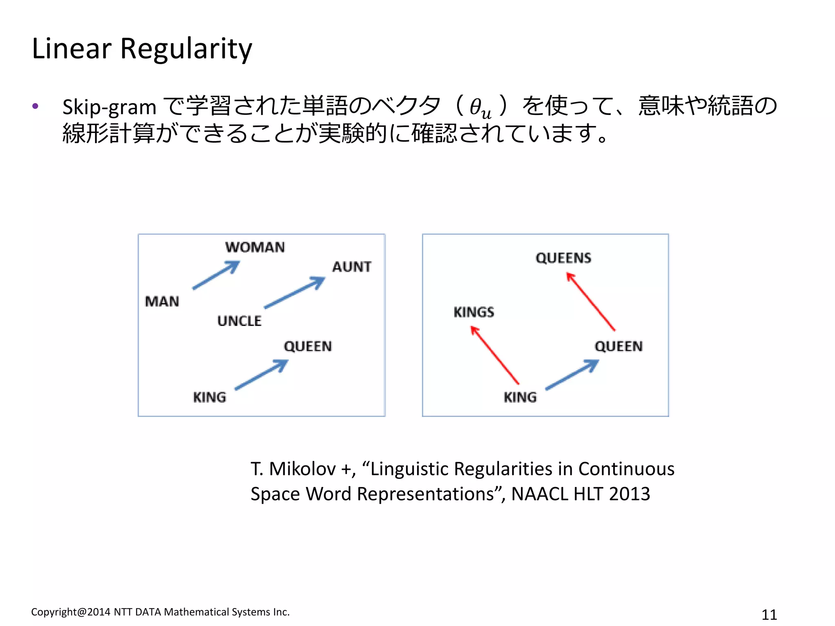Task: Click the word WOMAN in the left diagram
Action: (255, 247)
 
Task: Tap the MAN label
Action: (162, 302)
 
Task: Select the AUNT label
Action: (352, 267)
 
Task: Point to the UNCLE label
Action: (239, 321)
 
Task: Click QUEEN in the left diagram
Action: (308, 346)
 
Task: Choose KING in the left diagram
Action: (209, 397)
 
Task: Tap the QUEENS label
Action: (563, 258)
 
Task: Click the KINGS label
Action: (474, 312)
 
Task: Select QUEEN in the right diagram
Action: (619, 346)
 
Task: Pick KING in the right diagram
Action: (520, 397)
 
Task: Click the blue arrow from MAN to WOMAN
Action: (216, 275)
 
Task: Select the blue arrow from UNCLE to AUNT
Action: (294, 293)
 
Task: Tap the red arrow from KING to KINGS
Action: (495, 355)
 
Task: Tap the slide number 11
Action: (769, 614)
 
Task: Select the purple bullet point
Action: (35, 106)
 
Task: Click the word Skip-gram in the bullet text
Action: (109, 107)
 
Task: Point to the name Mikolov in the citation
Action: (302, 469)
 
